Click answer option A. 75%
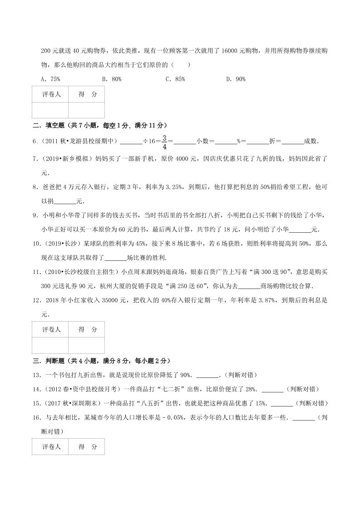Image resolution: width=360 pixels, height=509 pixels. point(50,79)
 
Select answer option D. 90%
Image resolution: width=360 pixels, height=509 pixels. point(236,79)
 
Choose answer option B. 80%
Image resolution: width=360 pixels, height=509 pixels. point(111,79)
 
